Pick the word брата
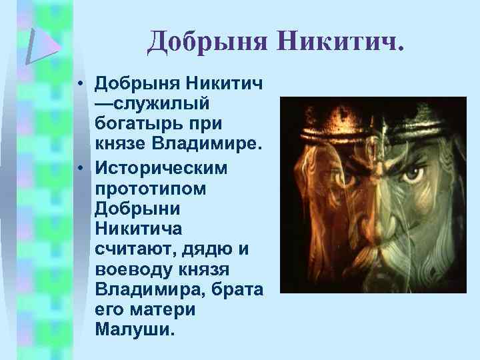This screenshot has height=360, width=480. coord(237,291)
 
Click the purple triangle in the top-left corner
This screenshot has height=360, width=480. coord(43,45)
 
